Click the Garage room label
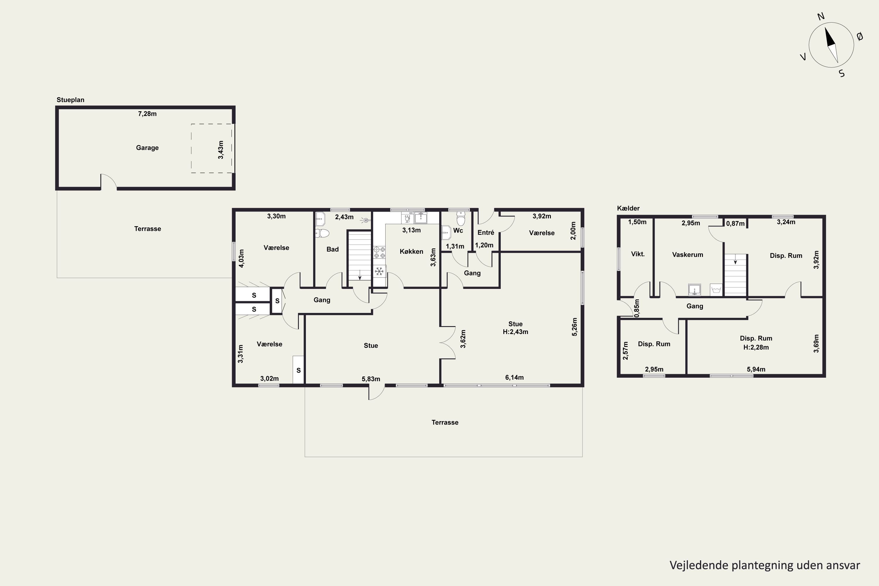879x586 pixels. click(x=147, y=148)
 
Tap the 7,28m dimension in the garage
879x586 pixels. click(x=147, y=114)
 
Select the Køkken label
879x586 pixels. click(x=411, y=251)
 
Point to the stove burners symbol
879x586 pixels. click(x=380, y=252)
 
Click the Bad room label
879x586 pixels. click(x=333, y=249)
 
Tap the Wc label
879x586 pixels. click(x=458, y=231)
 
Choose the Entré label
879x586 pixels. click(x=486, y=232)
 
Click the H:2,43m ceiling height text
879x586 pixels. click(x=515, y=332)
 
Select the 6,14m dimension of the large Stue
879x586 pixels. click(x=514, y=377)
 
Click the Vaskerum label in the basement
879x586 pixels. click(x=688, y=255)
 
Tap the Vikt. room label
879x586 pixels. click(x=638, y=254)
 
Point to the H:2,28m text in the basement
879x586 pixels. click(x=756, y=347)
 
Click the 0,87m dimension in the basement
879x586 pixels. click(x=735, y=224)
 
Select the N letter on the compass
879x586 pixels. click(x=821, y=16)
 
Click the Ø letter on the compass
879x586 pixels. click(x=860, y=36)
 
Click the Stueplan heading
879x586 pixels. click(x=70, y=100)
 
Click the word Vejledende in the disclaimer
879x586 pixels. click(x=699, y=565)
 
